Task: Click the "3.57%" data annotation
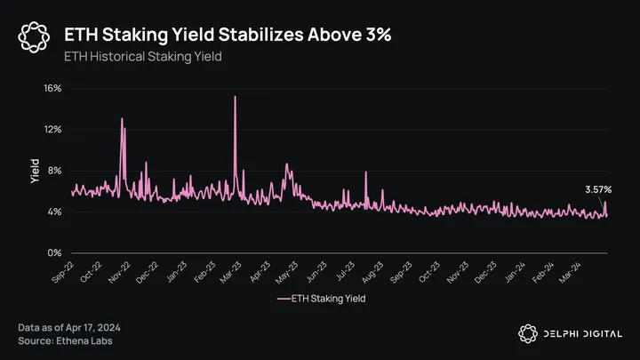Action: (598, 189)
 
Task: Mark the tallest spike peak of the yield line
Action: (235, 97)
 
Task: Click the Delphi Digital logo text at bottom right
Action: (582, 333)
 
